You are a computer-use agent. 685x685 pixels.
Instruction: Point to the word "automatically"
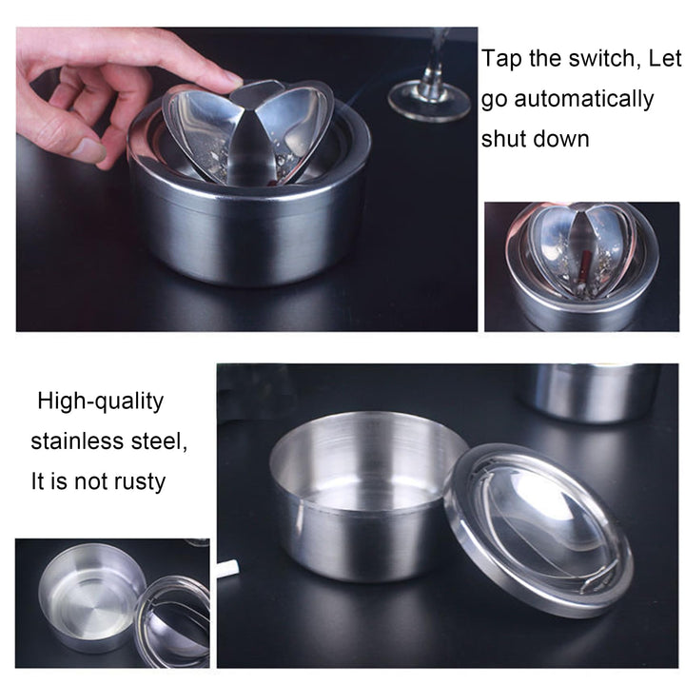click(x=583, y=100)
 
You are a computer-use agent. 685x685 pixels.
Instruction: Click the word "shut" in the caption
click(x=503, y=139)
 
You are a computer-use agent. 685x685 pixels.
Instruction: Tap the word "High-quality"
click(x=101, y=401)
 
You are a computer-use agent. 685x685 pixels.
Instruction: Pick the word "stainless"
click(x=77, y=441)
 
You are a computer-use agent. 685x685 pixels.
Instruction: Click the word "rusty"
click(x=140, y=482)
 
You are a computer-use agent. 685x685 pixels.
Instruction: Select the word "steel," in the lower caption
click(x=160, y=441)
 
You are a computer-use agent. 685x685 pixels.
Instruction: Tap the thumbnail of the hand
click(x=89, y=150)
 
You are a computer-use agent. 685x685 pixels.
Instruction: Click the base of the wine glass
click(x=430, y=102)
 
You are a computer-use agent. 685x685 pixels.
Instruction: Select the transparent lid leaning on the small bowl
click(x=172, y=620)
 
